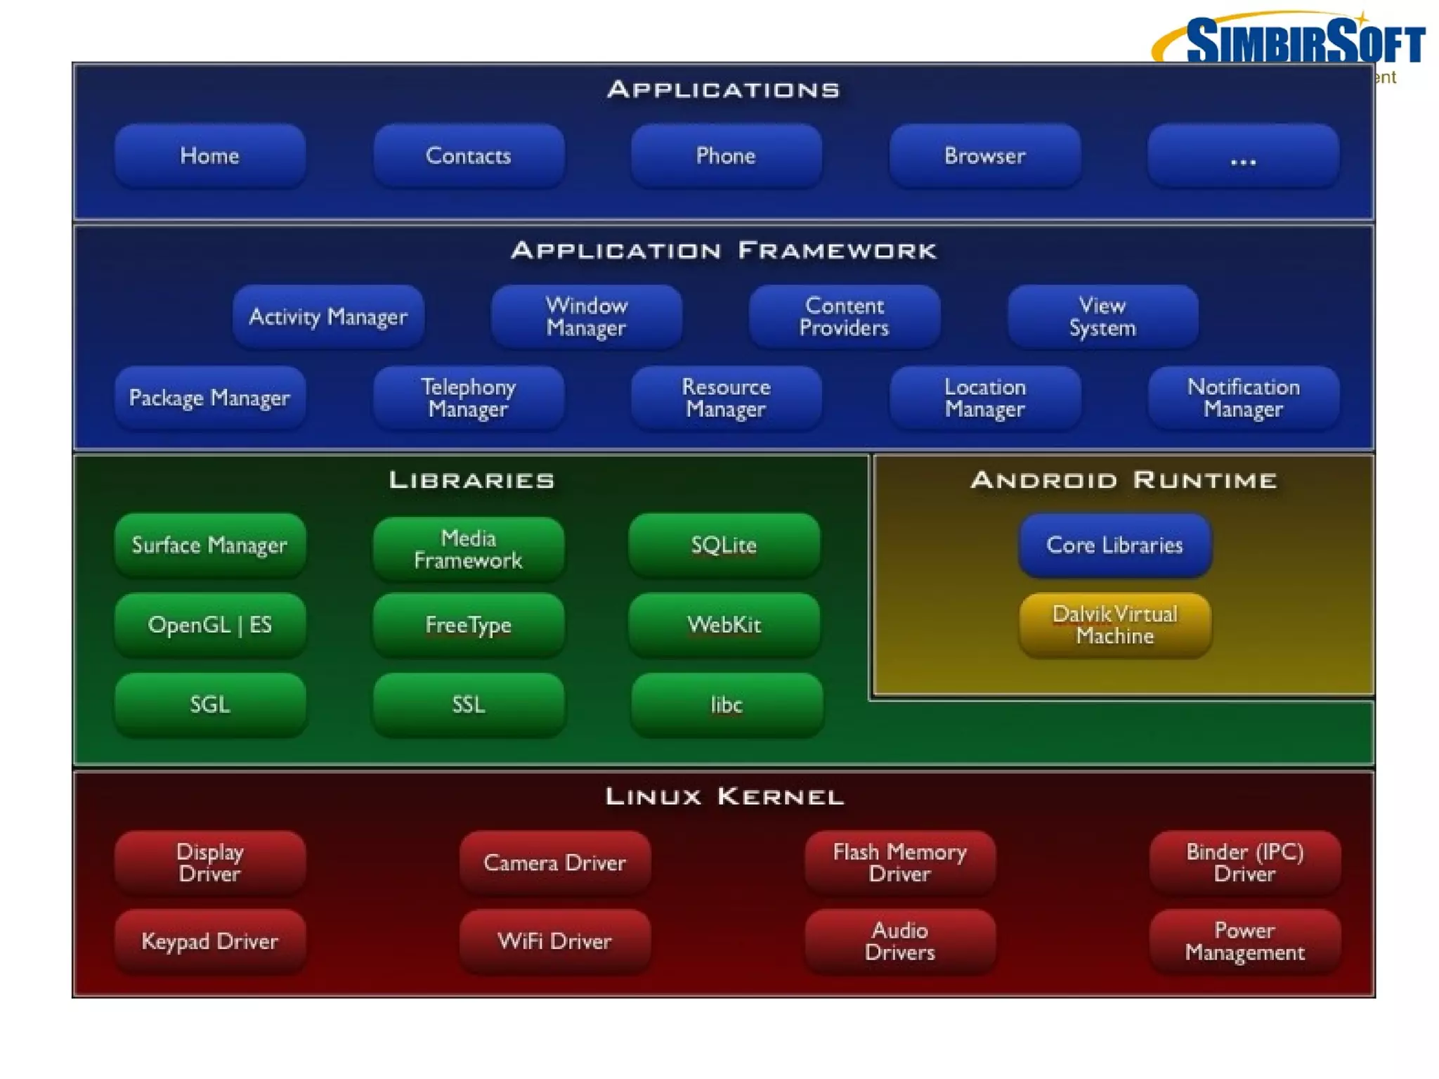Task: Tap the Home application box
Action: coord(209,155)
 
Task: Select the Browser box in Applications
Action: coord(984,155)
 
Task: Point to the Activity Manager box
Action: coord(328,316)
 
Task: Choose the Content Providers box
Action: coord(844,316)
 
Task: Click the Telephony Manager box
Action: coord(468,398)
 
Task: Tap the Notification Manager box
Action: coord(1243,398)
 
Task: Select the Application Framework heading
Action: coord(724,250)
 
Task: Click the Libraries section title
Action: coord(471,480)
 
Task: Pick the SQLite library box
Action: coord(724,545)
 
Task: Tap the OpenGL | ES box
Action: coord(209,625)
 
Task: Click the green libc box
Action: coord(726,704)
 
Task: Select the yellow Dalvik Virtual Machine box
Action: coord(1114,625)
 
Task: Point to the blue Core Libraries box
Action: coord(1114,545)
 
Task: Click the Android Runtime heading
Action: coord(1124,480)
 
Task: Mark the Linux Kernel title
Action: coord(724,796)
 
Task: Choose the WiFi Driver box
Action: coord(554,941)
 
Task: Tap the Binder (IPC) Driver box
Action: coord(1244,862)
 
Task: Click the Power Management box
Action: coord(1244,941)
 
